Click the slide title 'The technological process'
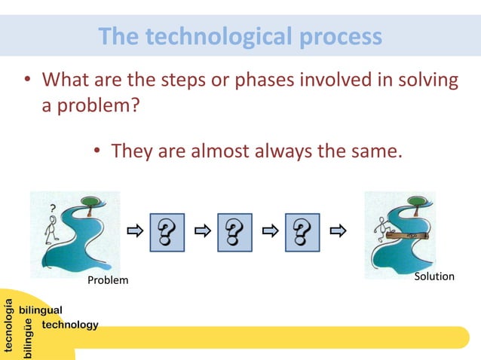point(240,36)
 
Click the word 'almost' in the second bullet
point(217,151)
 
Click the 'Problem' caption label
point(108,280)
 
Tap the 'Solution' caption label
point(435,276)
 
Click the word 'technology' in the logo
point(70,325)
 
